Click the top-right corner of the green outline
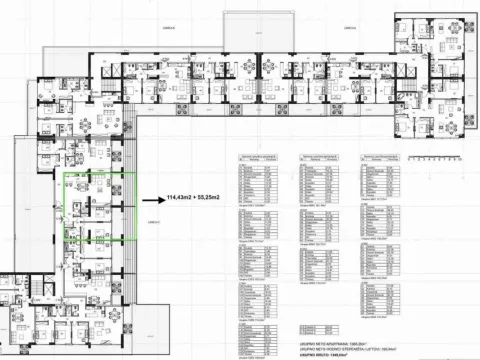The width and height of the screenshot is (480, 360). point(135,174)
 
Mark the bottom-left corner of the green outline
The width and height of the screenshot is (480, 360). point(63,243)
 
